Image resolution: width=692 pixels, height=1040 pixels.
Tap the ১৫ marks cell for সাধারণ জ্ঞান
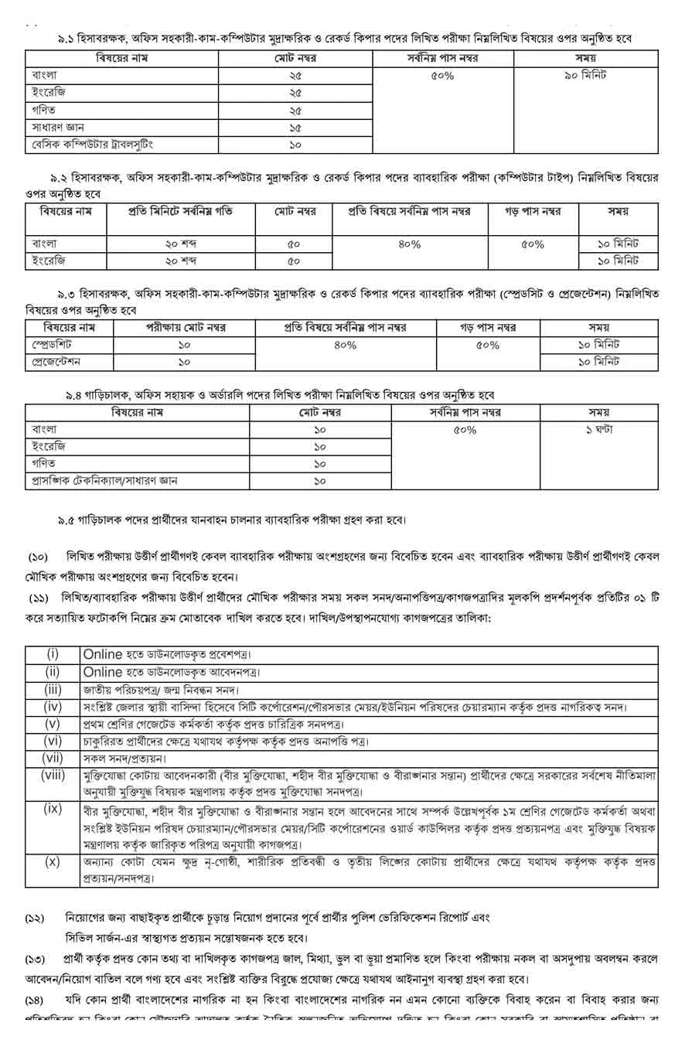pos(295,128)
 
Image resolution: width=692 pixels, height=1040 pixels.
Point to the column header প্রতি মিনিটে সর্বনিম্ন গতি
pos(180,211)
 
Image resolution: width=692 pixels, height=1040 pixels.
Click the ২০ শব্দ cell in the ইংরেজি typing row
pos(180,261)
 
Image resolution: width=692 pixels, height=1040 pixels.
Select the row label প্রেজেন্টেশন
pos(57,361)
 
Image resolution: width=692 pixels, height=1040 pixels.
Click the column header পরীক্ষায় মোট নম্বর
pos(185,327)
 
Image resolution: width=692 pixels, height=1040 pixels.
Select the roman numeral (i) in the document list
pos(53,654)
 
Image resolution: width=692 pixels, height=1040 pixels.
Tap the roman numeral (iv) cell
pos(53,707)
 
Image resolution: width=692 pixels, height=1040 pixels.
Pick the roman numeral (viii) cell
pos(53,776)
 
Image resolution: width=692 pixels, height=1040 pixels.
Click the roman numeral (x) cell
pos(53,861)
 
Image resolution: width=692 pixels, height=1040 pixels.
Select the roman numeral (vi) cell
pos(53,742)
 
